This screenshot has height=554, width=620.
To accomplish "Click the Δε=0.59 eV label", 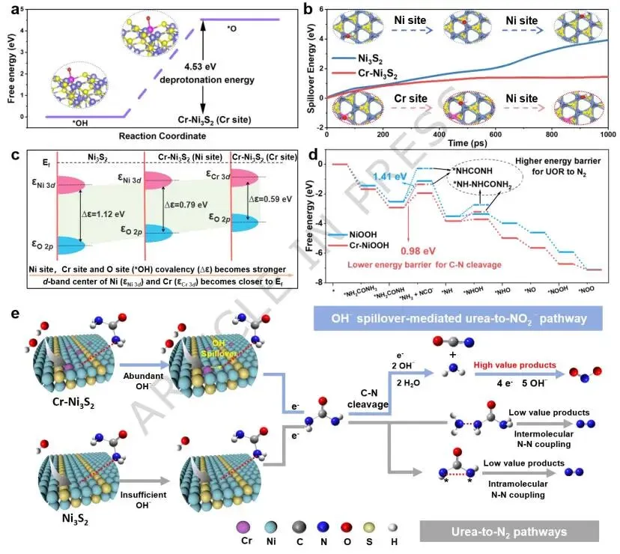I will (x=269, y=200).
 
